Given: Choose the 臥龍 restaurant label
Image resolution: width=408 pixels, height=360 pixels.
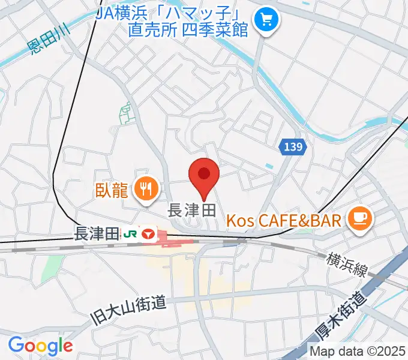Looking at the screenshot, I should click(112, 190).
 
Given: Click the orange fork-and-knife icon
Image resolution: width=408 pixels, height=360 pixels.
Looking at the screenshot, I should click(145, 190).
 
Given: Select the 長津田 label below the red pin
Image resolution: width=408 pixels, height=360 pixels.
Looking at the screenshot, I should click(190, 210).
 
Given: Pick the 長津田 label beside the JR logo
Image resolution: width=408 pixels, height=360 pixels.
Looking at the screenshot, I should click(95, 235).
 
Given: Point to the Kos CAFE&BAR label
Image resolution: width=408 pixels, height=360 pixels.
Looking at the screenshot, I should click(284, 220).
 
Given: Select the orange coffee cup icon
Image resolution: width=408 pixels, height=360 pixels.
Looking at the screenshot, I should click(361, 217).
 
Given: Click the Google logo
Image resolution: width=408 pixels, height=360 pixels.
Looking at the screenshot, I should click(40, 346).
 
